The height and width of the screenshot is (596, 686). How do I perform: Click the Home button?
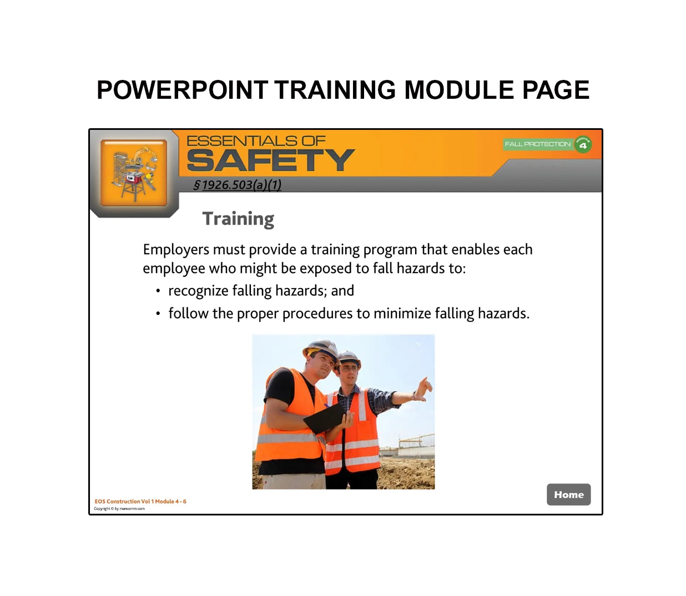[x=568, y=494]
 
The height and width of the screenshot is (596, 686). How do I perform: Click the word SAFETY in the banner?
[x=270, y=161]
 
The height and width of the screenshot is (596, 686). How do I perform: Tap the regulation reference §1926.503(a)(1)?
[x=237, y=185]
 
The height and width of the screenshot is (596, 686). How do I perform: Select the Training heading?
[x=238, y=219]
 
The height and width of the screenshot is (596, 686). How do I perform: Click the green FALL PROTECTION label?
[x=537, y=144]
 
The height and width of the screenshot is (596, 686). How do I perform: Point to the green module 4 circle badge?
[x=583, y=144]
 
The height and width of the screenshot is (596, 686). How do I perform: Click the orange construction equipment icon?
[x=134, y=173]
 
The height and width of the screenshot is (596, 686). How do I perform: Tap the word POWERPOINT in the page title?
[x=182, y=90]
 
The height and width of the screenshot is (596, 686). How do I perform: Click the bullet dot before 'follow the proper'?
[x=158, y=314]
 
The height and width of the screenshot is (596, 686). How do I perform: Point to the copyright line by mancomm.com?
[x=119, y=508]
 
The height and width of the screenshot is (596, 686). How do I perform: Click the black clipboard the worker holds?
[x=325, y=418]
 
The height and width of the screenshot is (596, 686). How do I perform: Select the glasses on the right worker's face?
[x=348, y=367]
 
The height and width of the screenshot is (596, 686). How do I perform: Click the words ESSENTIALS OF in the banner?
[x=256, y=141]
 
